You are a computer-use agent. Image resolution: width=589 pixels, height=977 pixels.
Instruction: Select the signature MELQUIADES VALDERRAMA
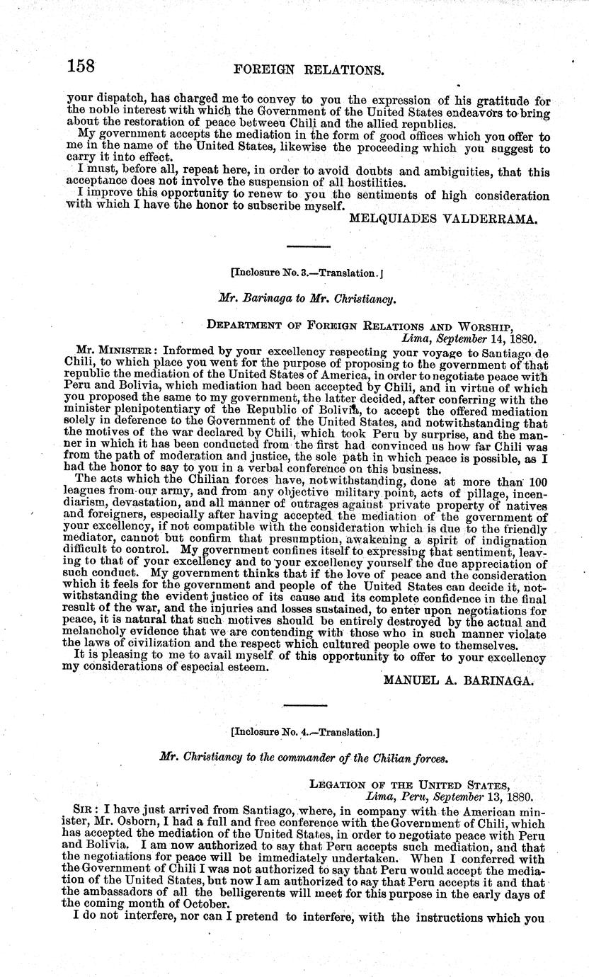(444, 219)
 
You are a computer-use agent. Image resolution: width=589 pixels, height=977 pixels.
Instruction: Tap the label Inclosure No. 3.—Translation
(307, 272)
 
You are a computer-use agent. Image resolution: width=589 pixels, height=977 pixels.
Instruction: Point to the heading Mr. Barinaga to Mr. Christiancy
(307, 299)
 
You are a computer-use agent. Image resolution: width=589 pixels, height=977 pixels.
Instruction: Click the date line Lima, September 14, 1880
(468, 338)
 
